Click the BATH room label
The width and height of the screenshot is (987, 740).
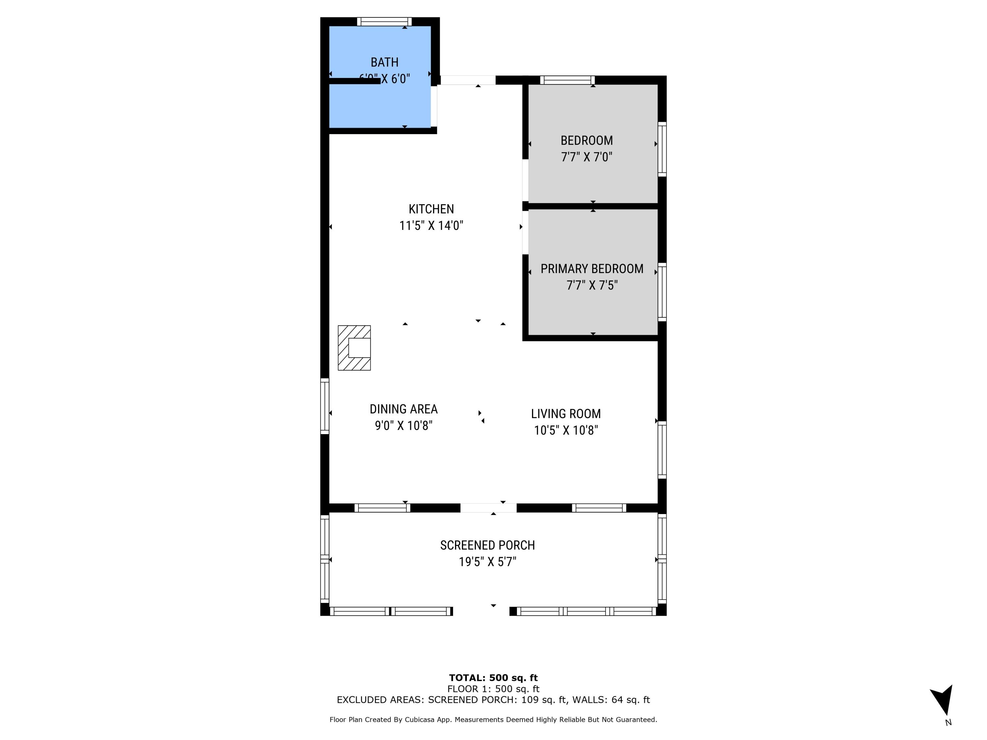(x=384, y=62)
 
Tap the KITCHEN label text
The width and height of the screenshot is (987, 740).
(x=431, y=209)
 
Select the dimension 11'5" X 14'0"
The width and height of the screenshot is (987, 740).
(x=431, y=226)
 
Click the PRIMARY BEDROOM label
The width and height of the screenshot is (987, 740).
(x=592, y=269)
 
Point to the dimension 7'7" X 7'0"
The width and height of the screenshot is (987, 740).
(x=586, y=157)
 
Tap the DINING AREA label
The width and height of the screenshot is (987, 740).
(x=403, y=409)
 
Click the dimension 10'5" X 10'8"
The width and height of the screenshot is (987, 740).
(x=566, y=431)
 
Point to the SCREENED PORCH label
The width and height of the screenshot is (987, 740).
(x=487, y=545)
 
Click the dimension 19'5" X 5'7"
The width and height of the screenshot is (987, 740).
(x=487, y=562)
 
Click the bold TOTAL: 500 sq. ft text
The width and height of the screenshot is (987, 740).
(x=493, y=678)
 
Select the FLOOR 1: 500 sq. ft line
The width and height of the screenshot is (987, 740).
(x=493, y=689)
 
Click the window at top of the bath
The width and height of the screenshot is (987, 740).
(x=384, y=21)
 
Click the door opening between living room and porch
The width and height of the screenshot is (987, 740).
(x=488, y=507)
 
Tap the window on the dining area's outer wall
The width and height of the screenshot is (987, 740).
(x=325, y=406)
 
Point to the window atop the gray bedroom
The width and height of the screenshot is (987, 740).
(x=568, y=80)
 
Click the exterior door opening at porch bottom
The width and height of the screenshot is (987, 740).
(x=481, y=611)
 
